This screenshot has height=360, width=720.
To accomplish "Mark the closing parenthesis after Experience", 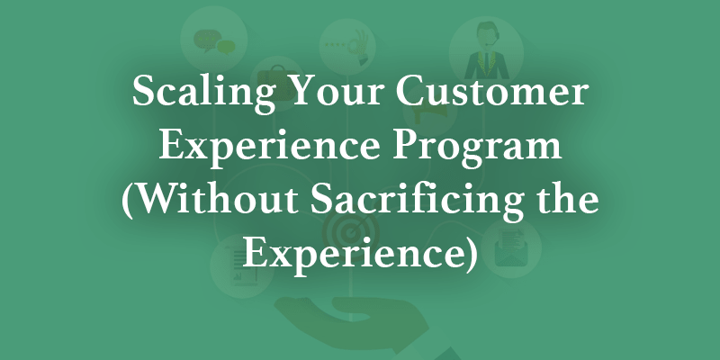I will coord(466,252).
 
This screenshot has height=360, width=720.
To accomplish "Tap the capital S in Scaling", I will coord(144,96).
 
